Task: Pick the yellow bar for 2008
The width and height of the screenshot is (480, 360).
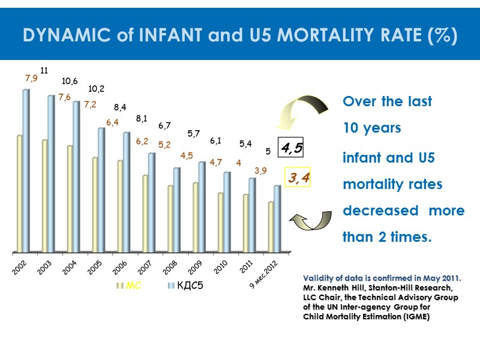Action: [170, 218]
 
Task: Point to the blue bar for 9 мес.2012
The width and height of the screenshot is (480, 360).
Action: [277, 218]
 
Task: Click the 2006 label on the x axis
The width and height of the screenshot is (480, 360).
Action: [120, 266]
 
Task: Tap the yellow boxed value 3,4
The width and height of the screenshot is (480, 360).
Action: [298, 178]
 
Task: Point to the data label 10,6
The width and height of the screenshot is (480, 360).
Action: [70, 81]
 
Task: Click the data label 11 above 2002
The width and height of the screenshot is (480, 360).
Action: [44, 71]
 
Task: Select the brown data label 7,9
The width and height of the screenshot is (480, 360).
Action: [31, 78]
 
